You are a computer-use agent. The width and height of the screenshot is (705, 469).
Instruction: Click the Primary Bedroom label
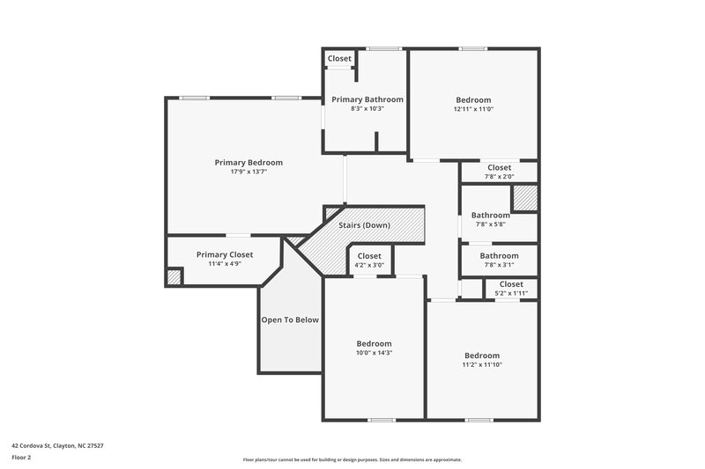click(x=249, y=162)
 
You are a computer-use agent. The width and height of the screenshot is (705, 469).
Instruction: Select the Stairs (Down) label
click(x=364, y=225)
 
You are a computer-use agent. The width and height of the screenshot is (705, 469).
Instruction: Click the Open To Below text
click(x=290, y=320)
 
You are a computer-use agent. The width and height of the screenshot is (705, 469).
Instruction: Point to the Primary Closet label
click(x=224, y=254)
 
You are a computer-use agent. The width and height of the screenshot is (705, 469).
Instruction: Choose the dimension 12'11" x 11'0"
click(x=473, y=109)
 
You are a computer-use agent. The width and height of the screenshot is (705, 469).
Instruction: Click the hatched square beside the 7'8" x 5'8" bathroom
click(x=525, y=198)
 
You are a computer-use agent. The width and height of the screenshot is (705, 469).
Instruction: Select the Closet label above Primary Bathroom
click(x=339, y=59)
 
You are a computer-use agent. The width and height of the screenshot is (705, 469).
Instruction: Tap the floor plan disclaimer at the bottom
click(x=352, y=459)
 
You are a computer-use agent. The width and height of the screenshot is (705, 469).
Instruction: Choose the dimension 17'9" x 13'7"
click(x=249, y=172)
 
